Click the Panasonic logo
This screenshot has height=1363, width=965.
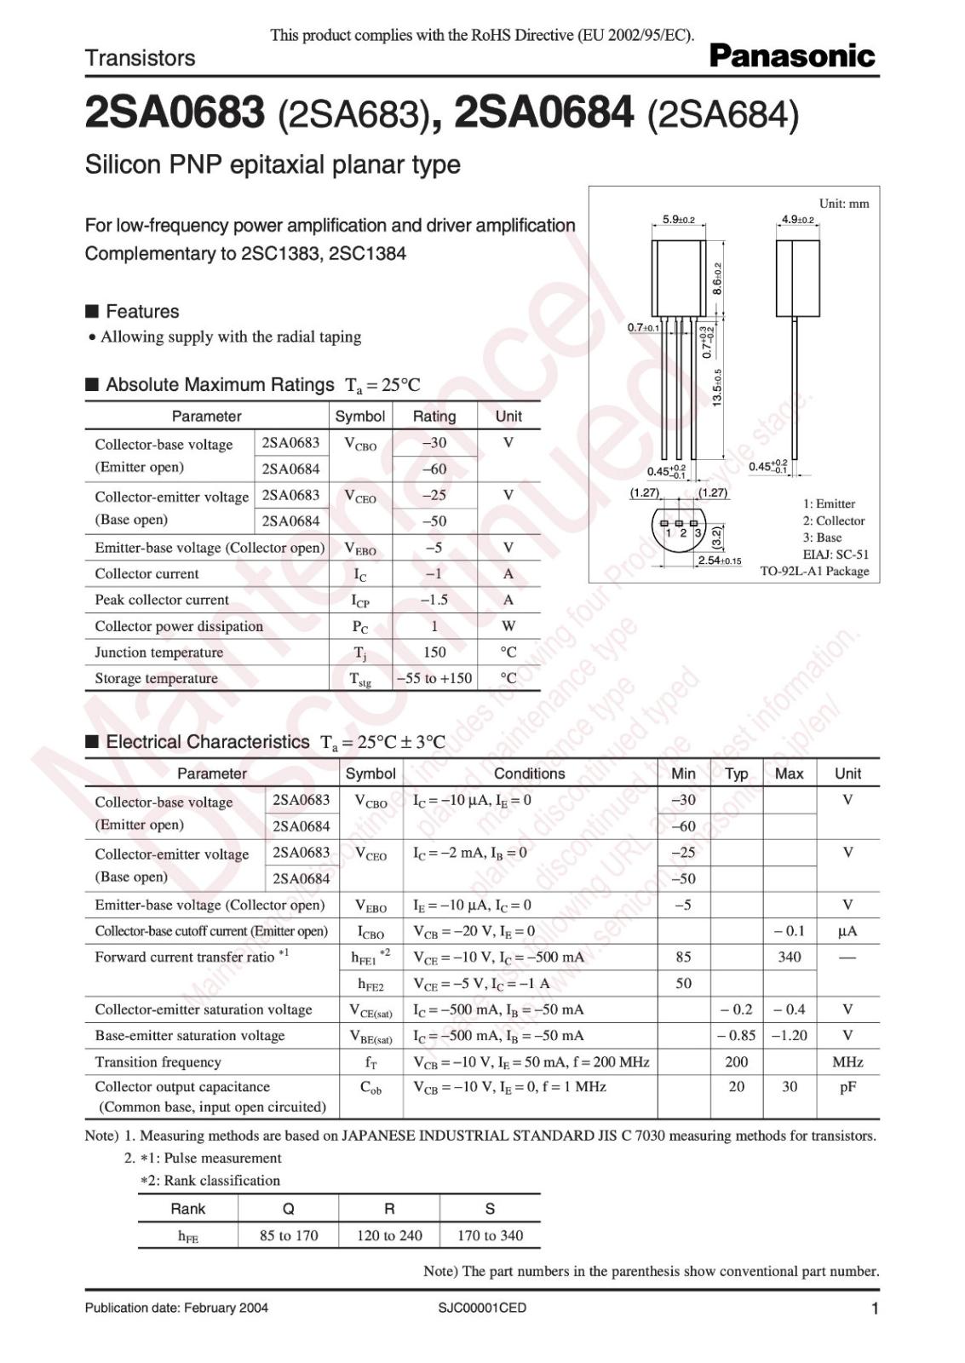791,56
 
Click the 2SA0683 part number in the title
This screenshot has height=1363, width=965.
175,114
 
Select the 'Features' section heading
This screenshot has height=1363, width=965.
142,311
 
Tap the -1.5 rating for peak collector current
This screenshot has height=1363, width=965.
434,600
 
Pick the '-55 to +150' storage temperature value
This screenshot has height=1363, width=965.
434,678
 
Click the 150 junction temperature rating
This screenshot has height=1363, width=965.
434,652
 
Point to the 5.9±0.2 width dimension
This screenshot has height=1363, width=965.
679,220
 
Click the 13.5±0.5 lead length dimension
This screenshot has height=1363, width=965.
717,388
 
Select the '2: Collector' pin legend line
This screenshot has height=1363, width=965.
833,520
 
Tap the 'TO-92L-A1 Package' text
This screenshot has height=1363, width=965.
814,571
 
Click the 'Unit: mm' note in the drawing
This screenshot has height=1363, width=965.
843,204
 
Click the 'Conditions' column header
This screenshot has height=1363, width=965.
529,774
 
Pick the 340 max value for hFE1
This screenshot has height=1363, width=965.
789,957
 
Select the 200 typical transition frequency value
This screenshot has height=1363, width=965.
736,1061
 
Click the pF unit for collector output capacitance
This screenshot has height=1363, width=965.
847,1087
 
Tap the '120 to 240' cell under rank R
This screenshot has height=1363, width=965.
389,1235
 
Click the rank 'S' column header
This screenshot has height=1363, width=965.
490,1209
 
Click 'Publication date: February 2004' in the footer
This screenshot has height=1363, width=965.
176,1308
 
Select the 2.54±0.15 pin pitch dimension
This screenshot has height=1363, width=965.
719,561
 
